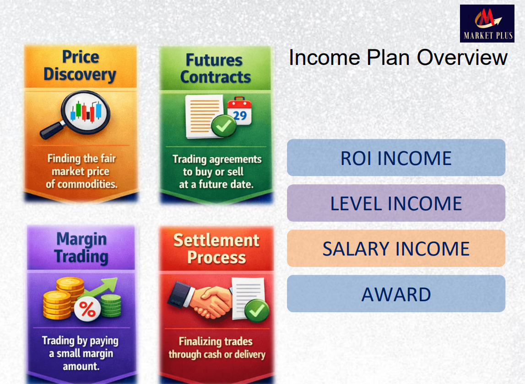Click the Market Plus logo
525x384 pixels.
pos(487,23)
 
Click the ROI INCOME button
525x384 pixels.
pos(396,158)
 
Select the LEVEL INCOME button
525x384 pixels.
pos(396,203)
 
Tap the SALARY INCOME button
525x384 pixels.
pos(396,248)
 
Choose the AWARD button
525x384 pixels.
pos(396,293)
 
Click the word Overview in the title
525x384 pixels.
pos(462,57)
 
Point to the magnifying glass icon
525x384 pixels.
pos(76,114)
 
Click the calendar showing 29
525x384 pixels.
pos(239,111)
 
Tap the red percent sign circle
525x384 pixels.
pos(87,309)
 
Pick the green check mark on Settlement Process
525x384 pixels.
pos(257,311)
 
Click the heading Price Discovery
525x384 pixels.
pos(80,66)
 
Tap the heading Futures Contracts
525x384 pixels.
pos(215,69)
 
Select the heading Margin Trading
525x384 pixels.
pos(81,248)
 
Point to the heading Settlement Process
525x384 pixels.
pos(216,249)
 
